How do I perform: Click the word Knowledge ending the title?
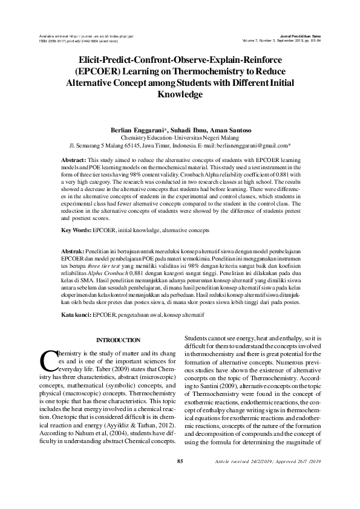pyautogui.click(x=180, y=95)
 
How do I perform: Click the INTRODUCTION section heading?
pyautogui.click(x=119, y=340)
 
